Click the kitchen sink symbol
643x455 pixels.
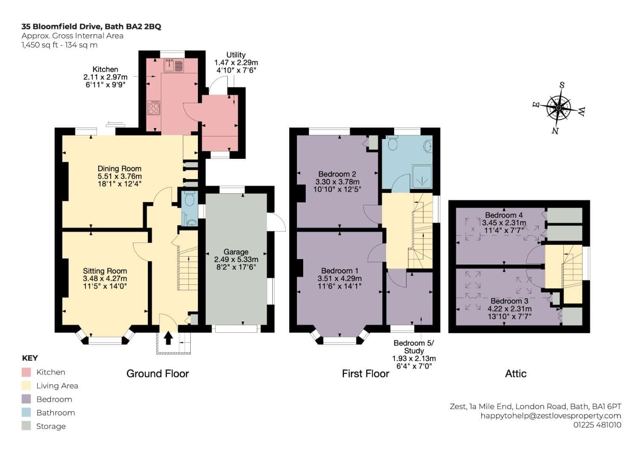(174, 65)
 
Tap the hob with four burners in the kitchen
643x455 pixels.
(154, 107)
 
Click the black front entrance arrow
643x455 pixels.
(168, 338)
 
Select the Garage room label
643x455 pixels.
(236, 252)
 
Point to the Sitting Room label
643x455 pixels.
(105, 271)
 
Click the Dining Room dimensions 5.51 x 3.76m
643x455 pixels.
(120, 176)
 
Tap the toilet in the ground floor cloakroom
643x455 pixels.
(189, 199)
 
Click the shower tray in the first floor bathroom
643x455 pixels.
(422, 177)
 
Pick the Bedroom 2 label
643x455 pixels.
(337, 174)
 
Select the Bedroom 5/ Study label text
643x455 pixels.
(414, 347)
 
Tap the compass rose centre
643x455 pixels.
(558, 108)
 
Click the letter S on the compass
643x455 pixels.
(562, 85)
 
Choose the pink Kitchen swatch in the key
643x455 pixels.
(26, 372)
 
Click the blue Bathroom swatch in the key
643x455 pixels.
(26, 412)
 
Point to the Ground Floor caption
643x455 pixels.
(157, 374)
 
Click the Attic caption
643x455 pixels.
(516, 374)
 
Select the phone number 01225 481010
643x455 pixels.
(598, 425)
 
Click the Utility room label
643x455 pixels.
(236, 55)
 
